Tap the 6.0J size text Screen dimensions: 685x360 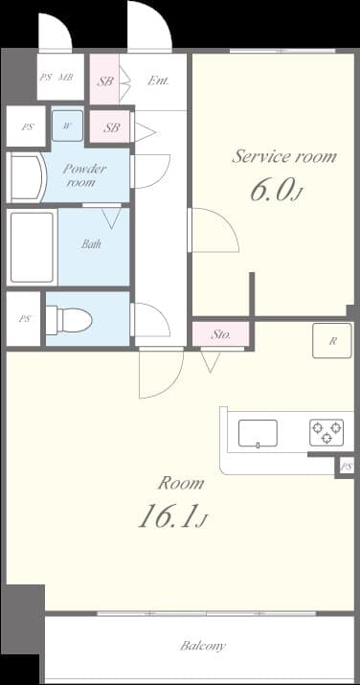click(276, 192)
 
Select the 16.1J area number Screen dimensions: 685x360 click(172, 519)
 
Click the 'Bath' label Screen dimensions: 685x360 click(91, 244)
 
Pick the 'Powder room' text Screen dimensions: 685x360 click(83, 175)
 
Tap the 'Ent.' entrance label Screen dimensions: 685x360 click(158, 81)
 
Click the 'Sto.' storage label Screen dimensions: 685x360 click(221, 335)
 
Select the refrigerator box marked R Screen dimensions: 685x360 click(332, 341)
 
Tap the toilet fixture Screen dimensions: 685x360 click(69, 319)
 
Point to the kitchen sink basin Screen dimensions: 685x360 click(258, 432)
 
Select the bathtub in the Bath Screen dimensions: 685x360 click(31, 247)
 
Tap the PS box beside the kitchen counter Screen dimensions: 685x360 click(346, 467)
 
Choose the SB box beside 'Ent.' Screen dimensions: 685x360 click(105, 81)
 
